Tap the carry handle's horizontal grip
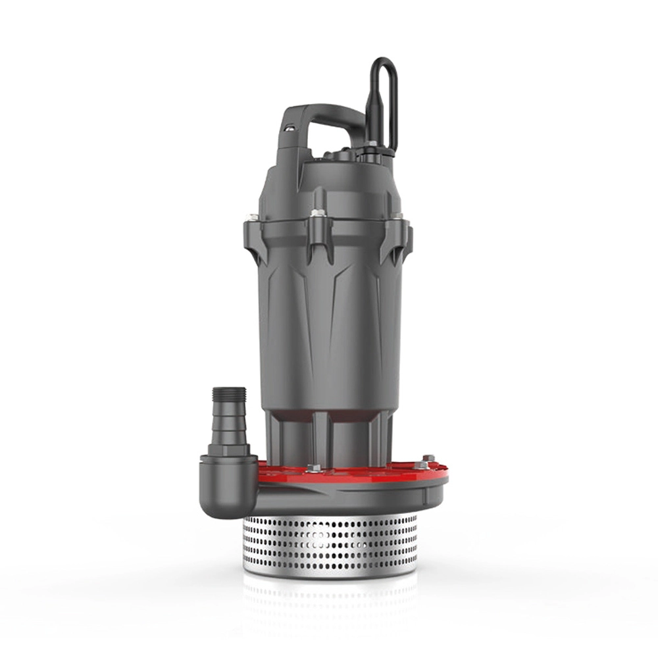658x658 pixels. tap(329, 118)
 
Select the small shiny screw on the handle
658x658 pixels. tap(287, 130)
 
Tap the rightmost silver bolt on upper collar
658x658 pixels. tap(397, 215)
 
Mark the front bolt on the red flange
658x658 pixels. tap(313, 468)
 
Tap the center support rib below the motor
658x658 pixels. tap(320, 438)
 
